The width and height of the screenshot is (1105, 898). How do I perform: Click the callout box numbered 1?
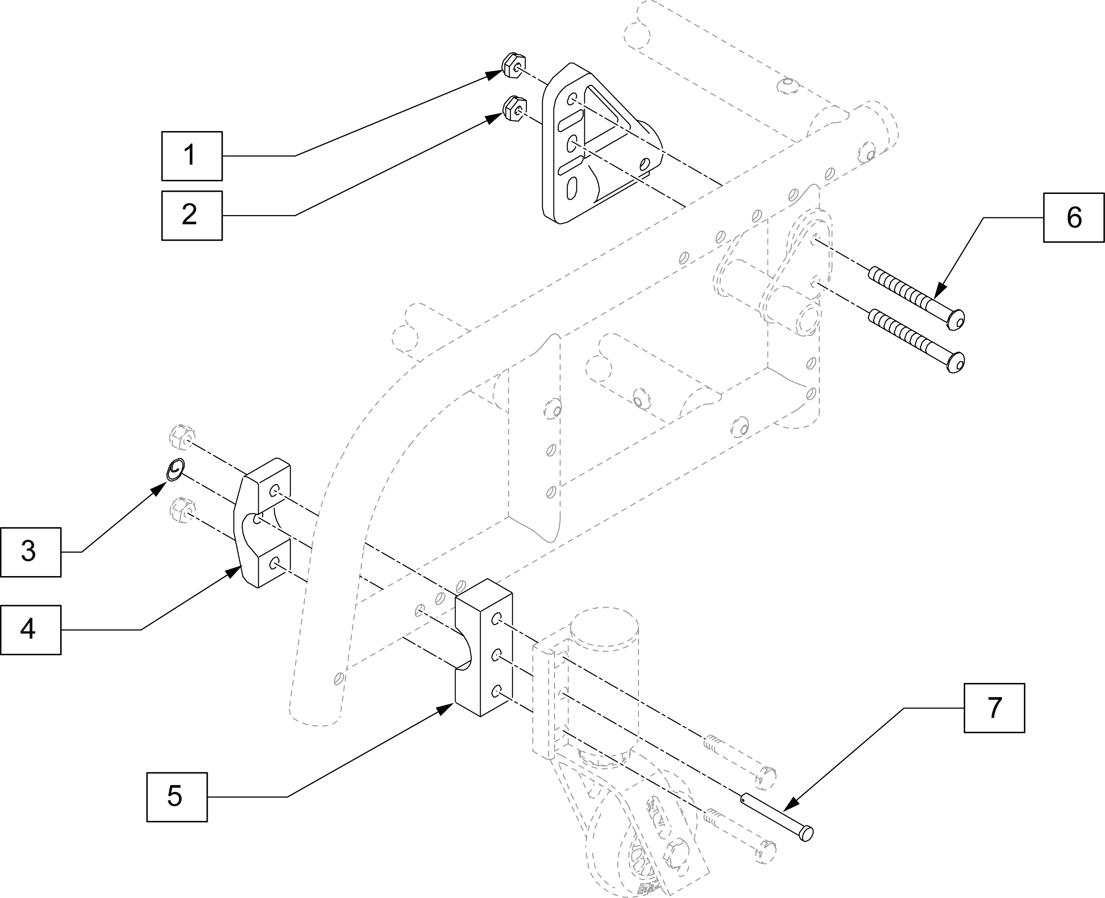[191, 156]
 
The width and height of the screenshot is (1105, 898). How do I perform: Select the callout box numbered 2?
[191, 215]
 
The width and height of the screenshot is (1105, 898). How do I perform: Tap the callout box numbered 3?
[30, 552]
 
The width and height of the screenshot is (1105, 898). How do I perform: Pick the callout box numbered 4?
[30, 630]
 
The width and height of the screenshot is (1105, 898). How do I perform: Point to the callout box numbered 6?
[1073, 217]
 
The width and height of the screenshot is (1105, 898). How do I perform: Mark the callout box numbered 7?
[994, 708]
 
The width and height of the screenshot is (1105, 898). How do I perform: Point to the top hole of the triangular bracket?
[572, 98]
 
